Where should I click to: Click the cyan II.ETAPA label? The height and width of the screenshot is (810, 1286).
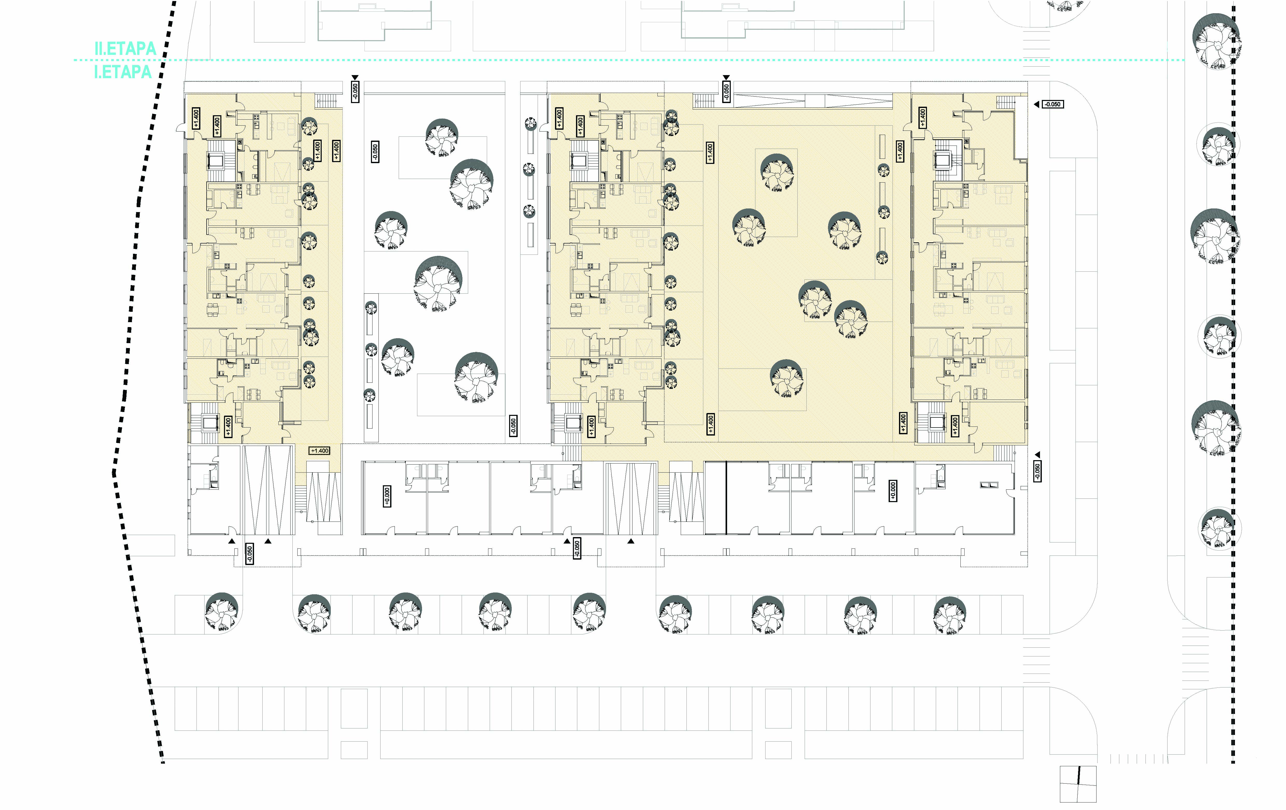(125, 49)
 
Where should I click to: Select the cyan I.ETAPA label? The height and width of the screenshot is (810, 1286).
(123, 71)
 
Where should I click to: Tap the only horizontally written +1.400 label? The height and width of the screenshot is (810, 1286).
(319, 451)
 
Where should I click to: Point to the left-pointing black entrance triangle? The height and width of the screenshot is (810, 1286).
(1036, 105)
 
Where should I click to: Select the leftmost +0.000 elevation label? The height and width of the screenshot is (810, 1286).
(387, 496)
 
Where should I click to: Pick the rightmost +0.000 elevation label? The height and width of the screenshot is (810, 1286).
(893, 491)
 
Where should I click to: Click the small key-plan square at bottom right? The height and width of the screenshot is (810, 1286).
(1078, 784)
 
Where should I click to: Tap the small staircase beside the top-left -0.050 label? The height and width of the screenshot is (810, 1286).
(324, 100)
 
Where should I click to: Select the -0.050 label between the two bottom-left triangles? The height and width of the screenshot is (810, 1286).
(249, 554)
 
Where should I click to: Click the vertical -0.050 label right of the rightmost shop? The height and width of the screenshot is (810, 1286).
(1037, 471)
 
